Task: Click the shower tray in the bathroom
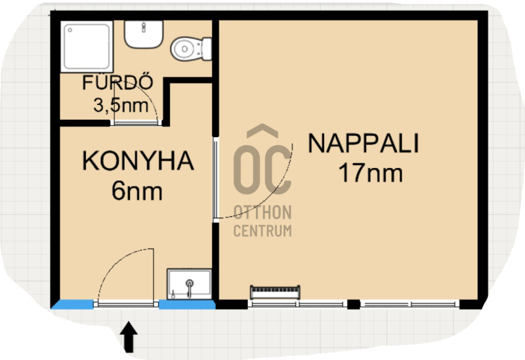[87, 47]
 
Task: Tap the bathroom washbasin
[144, 34]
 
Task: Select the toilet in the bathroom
[191, 49]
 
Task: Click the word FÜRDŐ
[117, 83]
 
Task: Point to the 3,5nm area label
[121, 106]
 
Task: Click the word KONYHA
[138, 161]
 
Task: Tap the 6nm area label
[137, 190]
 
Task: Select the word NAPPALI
[364, 143]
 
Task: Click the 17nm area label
[371, 172]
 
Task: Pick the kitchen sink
[190, 284]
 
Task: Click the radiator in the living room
[275, 292]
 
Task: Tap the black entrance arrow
[129, 337]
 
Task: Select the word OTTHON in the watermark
[262, 212]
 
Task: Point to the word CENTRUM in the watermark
[262, 231]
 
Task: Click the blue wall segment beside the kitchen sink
[187, 304]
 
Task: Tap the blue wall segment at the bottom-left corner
[72, 304]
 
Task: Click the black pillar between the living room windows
[354, 304]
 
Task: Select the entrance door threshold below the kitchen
[126, 304]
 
